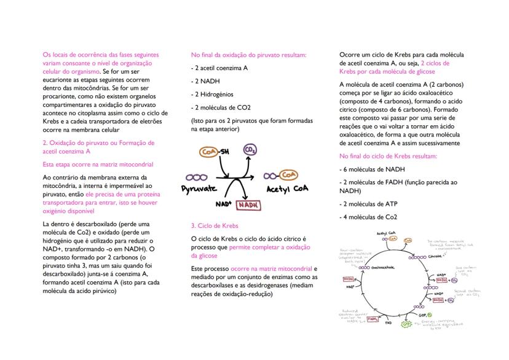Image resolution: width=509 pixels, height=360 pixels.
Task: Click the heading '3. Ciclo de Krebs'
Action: (211, 225)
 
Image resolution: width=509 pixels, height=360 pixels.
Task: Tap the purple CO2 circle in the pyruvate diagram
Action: (250, 151)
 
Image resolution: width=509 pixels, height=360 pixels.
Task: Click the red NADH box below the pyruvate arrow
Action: (247, 204)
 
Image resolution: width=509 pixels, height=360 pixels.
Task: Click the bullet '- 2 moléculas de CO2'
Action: (221, 108)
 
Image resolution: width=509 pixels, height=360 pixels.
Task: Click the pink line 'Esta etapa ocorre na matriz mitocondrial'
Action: (98, 164)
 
